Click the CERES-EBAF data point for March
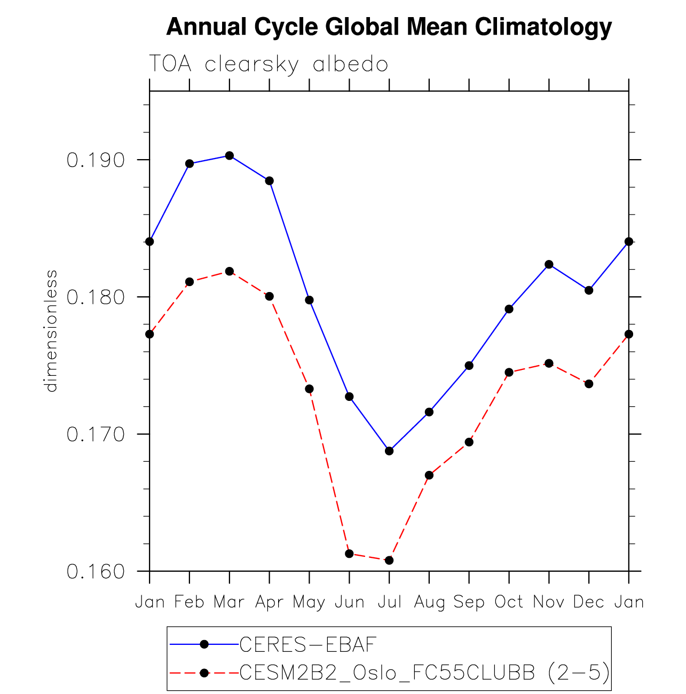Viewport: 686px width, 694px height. [x=230, y=155]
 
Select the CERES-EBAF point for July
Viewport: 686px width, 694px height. [x=389, y=451]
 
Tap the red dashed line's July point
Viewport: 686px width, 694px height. [x=389, y=560]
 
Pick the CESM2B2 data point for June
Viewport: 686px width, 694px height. [x=349, y=553]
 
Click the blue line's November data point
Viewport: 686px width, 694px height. [x=549, y=264]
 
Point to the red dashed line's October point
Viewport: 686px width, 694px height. [x=509, y=372]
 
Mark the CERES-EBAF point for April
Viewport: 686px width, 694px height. [x=269, y=181]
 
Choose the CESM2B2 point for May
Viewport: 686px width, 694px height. [x=309, y=389]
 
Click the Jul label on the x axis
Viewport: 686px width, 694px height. [x=389, y=602]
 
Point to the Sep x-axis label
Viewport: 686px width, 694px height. [x=469, y=602]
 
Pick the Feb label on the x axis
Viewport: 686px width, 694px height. [x=190, y=602]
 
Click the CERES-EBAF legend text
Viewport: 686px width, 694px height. [x=308, y=645]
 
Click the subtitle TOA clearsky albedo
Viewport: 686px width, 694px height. [x=268, y=64]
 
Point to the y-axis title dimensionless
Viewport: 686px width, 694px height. [x=51, y=331]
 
